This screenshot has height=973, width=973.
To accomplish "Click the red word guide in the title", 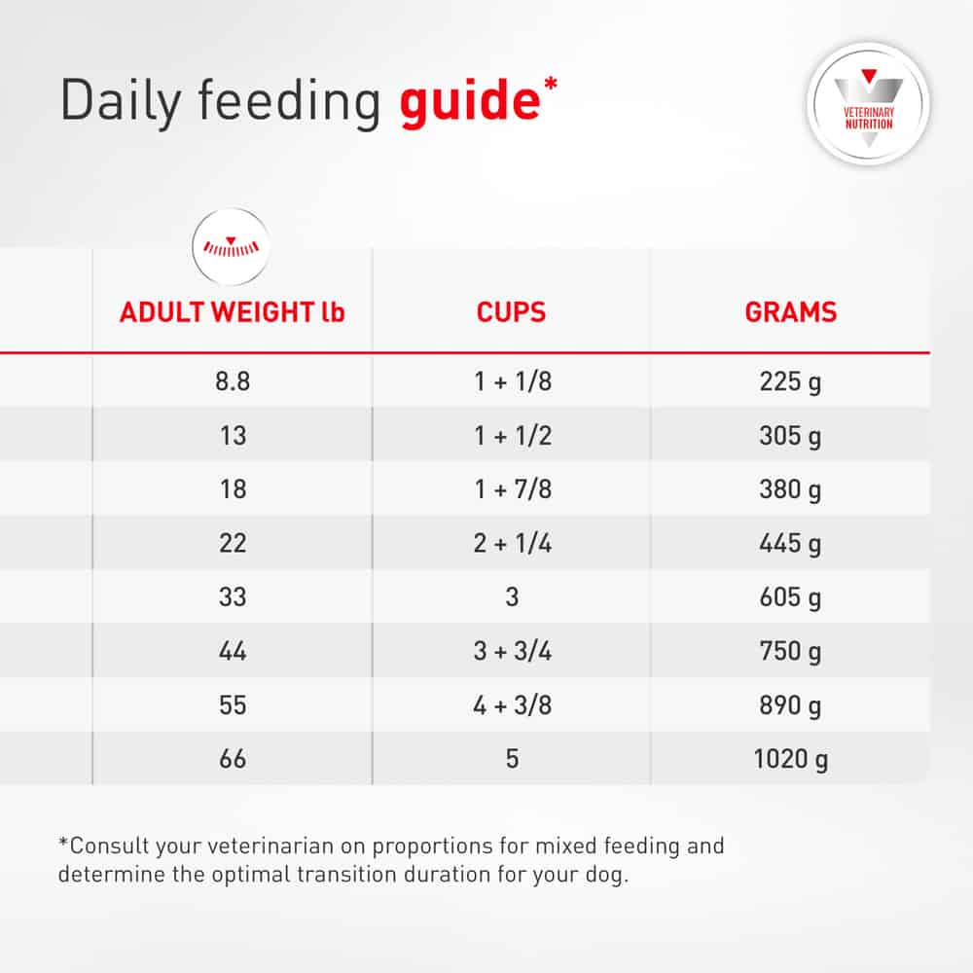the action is tap(470, 102).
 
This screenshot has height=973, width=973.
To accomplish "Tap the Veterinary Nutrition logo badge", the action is tap(869, 104).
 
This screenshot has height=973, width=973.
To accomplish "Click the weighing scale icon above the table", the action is tap(231, 247).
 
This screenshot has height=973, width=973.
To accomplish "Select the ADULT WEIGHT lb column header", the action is tap(233, 312).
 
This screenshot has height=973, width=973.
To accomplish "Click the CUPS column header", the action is tap(512, 312).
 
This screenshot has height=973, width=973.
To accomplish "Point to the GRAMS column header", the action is tap(790, 312).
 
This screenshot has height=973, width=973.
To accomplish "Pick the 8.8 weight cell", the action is tap(233, 381).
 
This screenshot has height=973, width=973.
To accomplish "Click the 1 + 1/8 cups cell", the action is tap(513, 381).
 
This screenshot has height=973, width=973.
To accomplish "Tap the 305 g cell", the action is tap(790, 436).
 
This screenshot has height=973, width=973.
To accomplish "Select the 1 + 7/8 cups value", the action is tap(513, 489).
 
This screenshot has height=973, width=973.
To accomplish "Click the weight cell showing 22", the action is tap(233, 543).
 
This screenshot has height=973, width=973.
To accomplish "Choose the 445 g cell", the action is tap(790, 544).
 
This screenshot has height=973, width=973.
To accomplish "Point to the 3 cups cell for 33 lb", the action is tap(512, 597).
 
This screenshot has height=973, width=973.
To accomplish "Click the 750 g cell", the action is tap(790, 652).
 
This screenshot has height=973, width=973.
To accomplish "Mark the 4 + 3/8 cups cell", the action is tap(513, 704).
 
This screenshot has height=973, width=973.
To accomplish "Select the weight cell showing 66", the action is tap(233, 759).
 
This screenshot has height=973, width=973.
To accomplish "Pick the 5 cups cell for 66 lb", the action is tap(512, 759).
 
